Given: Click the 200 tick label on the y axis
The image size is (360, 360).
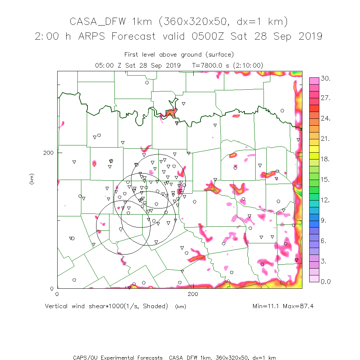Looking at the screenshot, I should click(x=48, y=152).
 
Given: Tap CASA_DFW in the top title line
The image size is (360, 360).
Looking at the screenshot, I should click(x=98, y=22).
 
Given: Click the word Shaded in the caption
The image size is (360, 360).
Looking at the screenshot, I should click(x=155, y=306).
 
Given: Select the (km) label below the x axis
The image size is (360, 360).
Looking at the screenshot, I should click(x=180, y=307).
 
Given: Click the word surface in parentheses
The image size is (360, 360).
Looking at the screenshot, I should click(x=220, y=55).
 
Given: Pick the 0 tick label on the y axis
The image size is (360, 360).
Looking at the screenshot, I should click(x=52, y=288).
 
